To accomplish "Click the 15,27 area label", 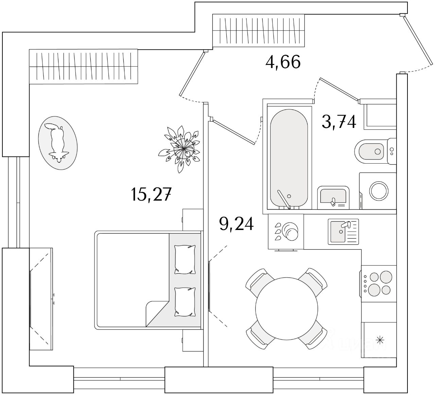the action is tap(150, 195).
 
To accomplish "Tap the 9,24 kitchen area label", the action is tap(237, 224).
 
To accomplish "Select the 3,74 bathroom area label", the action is tap(339, 122).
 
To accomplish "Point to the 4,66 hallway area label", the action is tap(283, 62).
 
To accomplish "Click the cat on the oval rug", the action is tap(57, 142).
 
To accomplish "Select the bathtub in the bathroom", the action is tap(289, 158).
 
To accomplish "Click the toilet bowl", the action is tap(370, 151).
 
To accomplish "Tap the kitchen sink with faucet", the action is tap(343, 232).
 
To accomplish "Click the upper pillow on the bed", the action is tap(185, 259).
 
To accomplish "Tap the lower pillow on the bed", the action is tap(185, 301).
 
